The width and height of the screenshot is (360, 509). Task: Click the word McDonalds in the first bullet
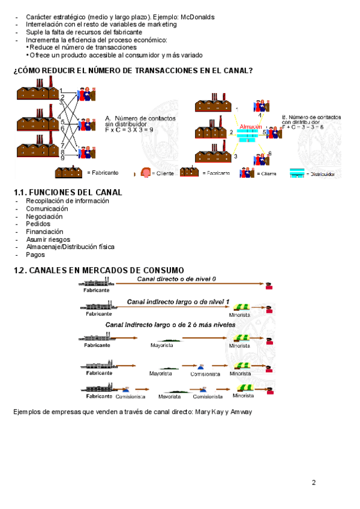[197, 17]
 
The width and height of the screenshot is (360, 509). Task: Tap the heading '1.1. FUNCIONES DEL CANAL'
[68, 192]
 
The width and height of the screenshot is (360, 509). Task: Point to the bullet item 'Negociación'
[44, 216]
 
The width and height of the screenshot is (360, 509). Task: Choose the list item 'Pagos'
[35, 254]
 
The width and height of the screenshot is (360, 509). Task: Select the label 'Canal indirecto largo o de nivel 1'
[178, 301]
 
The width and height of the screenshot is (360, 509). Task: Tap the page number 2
[313, 482]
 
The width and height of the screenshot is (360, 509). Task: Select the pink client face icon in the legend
[145, 173]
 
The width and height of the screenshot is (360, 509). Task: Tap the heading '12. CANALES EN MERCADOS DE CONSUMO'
[98, 270]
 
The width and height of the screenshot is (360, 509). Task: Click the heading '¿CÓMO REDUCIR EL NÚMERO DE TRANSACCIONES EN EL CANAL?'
[133, 71]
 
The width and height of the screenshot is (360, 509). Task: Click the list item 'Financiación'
[44, 231]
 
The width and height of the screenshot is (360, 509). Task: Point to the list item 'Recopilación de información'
[67, 201]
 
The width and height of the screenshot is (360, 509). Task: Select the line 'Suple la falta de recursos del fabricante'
[84, 32]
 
